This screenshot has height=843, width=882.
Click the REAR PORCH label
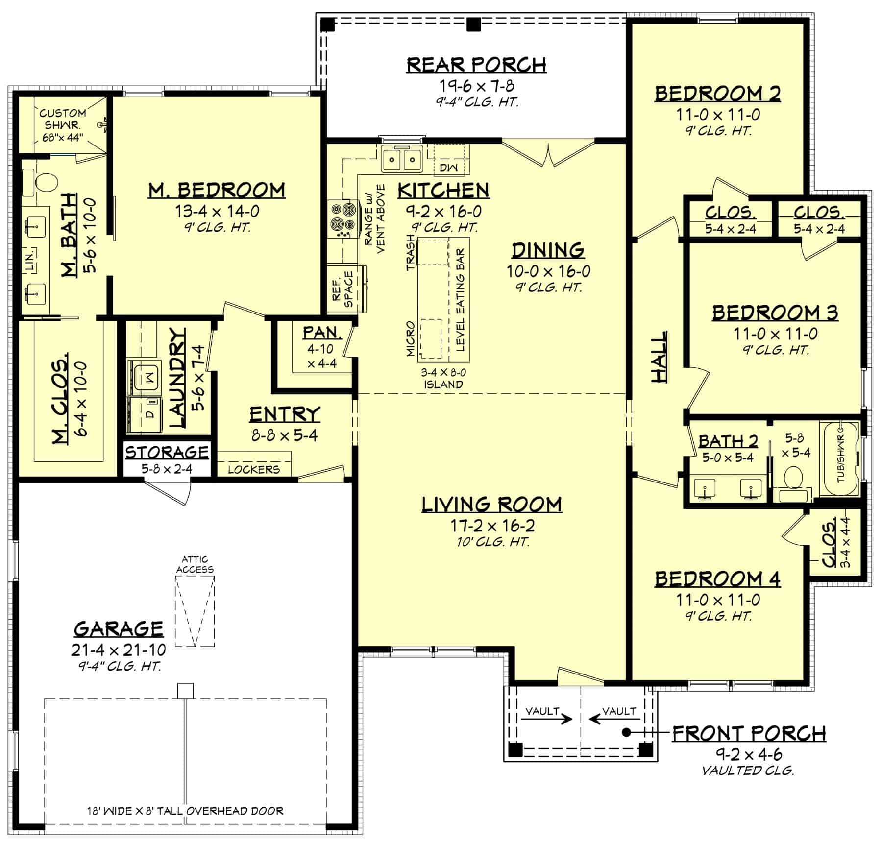tap(476, 65)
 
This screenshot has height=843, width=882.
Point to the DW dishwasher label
tap(448, 168)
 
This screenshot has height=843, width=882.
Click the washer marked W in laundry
tap(145, 377)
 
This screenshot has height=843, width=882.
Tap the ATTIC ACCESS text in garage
tap(195, 564)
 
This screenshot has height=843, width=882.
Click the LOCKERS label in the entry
tap(253, 469)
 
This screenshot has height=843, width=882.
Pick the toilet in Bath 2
tap(793, 477)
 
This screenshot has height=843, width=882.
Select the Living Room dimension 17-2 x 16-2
tap(492, 526)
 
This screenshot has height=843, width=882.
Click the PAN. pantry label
tap(322, 333)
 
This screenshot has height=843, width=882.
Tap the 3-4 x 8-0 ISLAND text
tap(443, 379)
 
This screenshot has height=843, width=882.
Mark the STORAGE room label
tap(167, 452)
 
